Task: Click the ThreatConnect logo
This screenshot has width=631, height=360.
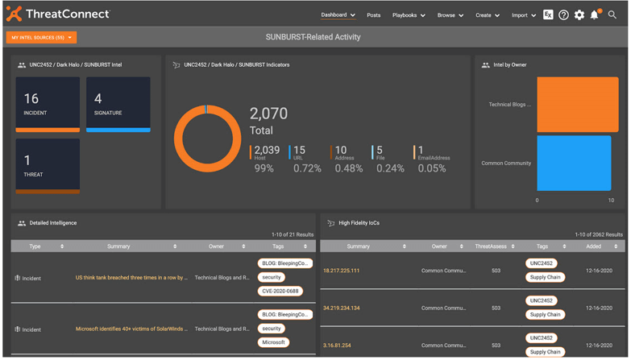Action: [58, 14]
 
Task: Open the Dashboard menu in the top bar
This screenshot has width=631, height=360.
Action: [337, 15]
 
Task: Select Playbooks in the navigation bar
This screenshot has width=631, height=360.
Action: [408, 15]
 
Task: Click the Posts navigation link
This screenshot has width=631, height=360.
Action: [374, 15]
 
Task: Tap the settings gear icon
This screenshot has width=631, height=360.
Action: [579, 15]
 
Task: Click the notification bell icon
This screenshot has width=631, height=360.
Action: [595, 15]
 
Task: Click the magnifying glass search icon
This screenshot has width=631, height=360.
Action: [613, 15]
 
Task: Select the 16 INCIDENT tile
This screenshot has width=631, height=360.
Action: [48, 104]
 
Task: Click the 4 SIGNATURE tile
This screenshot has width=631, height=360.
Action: [118, 104]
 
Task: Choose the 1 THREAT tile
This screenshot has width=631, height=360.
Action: [48, 165]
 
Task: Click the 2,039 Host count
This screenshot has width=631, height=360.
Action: [267, 150]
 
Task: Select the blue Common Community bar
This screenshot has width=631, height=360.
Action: [573, 163]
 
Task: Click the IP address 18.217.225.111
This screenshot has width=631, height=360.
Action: [342, 271]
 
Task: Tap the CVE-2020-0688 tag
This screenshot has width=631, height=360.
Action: [280, 291]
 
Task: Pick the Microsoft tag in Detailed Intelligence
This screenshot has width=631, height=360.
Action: [273, 342]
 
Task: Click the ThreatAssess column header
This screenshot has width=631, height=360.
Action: [492, 246]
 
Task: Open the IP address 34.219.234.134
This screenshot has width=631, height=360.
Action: [342, 308]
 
